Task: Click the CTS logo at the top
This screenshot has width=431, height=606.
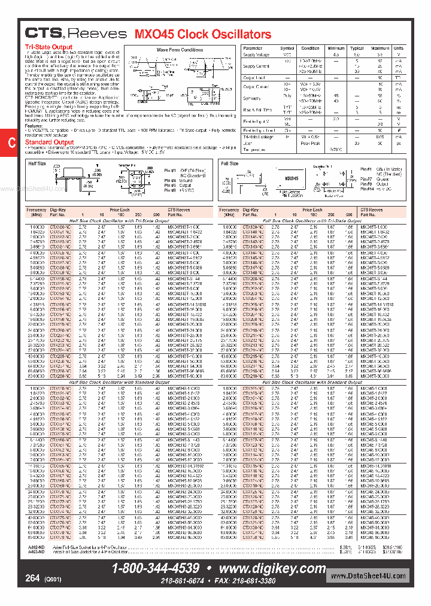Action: [43, 34]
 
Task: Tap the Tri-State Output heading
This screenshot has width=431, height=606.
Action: [48, 47]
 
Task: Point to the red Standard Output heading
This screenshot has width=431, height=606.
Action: [50, 143]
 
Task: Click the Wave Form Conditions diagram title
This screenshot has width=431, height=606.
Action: [180, 50]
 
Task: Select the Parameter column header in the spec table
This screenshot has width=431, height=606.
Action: [253, 48]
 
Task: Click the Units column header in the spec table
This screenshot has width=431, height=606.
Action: [398, 48]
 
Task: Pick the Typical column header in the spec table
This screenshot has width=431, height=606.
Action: [357, 48]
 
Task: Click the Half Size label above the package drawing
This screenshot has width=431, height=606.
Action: [37, 163]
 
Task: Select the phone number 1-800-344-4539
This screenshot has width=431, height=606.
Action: [156, 568]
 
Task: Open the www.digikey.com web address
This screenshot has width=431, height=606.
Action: [272, 568]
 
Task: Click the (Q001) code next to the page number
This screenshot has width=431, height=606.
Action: [52, 580]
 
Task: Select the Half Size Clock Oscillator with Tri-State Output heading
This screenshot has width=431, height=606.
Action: [120, 221]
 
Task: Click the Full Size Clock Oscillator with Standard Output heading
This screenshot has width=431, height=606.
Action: [312, 381]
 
